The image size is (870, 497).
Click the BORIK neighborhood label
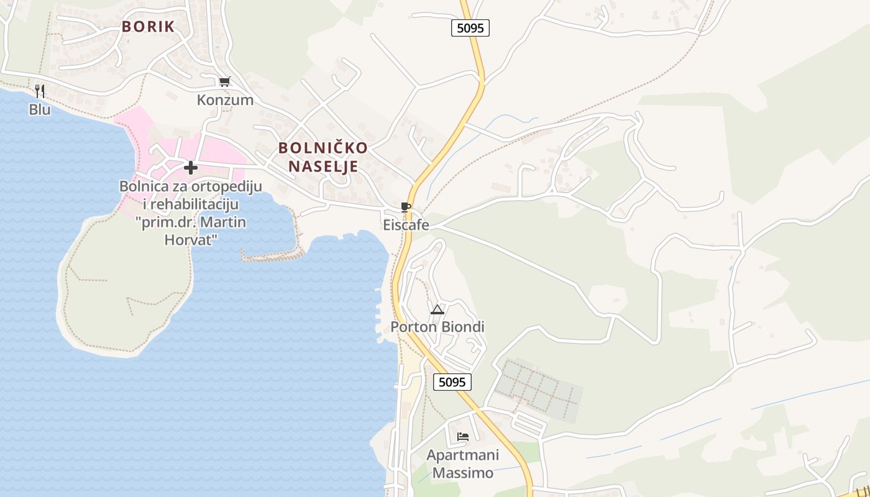click(148, 27)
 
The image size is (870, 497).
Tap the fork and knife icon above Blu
click(40, 91)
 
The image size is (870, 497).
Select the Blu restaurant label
click(40, 109)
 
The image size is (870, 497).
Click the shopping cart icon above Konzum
click(224, 81)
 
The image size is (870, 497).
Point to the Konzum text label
click(225, 100)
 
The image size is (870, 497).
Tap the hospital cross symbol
click(191, 168)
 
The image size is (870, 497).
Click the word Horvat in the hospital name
click(191, 239)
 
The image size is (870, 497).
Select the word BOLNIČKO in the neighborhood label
click(323, 148)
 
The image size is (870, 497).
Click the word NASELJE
click(323, 166)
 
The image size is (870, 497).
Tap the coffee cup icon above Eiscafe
click(406, 207)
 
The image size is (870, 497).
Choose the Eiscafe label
click(406, 225)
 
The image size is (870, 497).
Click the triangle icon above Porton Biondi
click(437, 309)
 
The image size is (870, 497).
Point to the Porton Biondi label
click(437, 327)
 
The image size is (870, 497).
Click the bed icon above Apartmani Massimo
click(462, 436)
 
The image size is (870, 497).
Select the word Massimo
click(463, 473)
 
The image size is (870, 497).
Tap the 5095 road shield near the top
click(470, 28)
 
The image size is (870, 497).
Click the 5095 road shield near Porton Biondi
click(452, 382)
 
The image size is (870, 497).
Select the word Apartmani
click(463, 455)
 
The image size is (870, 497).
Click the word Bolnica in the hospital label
click(144, 186)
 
